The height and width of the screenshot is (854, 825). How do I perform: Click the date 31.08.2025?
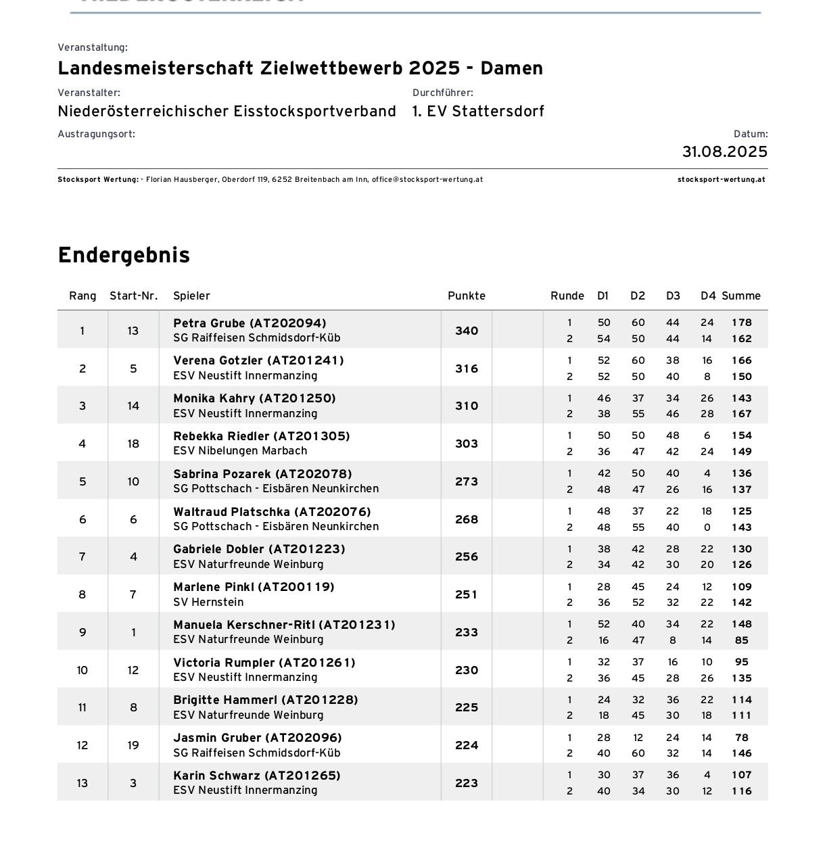point(724,151)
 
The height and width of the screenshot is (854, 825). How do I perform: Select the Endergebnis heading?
point(124,255)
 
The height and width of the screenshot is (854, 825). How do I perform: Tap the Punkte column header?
point(466,295)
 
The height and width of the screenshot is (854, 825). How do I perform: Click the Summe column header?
point(740,295)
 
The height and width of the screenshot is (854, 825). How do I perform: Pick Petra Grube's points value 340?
point(466,331)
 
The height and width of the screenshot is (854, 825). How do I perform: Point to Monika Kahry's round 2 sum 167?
point(741,414)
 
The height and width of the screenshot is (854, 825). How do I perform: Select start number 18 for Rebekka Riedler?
point(133,444)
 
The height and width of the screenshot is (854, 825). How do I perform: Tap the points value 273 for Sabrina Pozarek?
point(466,481)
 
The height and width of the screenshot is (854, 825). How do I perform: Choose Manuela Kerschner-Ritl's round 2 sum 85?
point(741,640)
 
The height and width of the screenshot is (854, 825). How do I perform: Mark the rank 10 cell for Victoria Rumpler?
point(82,670)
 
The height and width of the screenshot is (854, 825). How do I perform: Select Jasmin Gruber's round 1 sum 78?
point(741,738)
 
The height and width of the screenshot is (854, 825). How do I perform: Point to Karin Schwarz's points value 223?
point(466,783)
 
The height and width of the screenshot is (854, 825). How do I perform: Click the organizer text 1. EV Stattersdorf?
point(478,111)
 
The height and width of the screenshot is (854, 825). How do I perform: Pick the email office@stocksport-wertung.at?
point(427,180)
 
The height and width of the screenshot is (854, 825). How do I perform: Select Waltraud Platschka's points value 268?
point(466,519)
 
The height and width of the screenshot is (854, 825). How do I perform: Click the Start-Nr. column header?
point(133,295)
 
